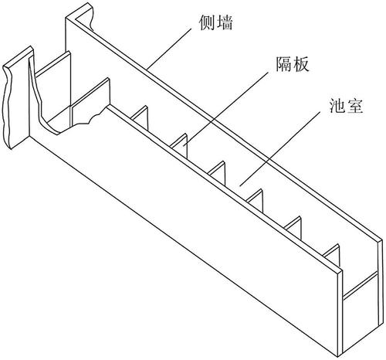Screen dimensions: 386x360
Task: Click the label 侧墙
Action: [216, 22]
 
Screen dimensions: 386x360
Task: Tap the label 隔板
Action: [293, 63]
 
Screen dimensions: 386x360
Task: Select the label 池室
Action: [346, 105]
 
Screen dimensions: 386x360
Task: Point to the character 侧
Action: [208, 22]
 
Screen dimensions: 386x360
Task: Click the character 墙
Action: [225, 22]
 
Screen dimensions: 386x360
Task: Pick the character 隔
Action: [284, 63]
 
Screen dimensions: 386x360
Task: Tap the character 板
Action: [301, 63]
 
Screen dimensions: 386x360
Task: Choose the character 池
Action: [337, 105]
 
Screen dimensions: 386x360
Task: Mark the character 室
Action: [354, 105]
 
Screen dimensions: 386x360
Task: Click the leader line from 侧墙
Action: [170, 49]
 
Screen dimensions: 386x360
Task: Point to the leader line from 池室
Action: [280, 148]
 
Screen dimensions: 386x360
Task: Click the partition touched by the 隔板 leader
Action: [180, 145]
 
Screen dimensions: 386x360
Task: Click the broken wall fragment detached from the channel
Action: [18, 98]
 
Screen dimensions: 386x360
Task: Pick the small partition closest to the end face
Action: [332, 256]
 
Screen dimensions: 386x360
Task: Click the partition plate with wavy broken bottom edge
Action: [90, 103]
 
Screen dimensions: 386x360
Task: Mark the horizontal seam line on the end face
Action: [361, 285]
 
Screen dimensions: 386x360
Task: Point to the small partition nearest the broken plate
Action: [141, 117]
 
